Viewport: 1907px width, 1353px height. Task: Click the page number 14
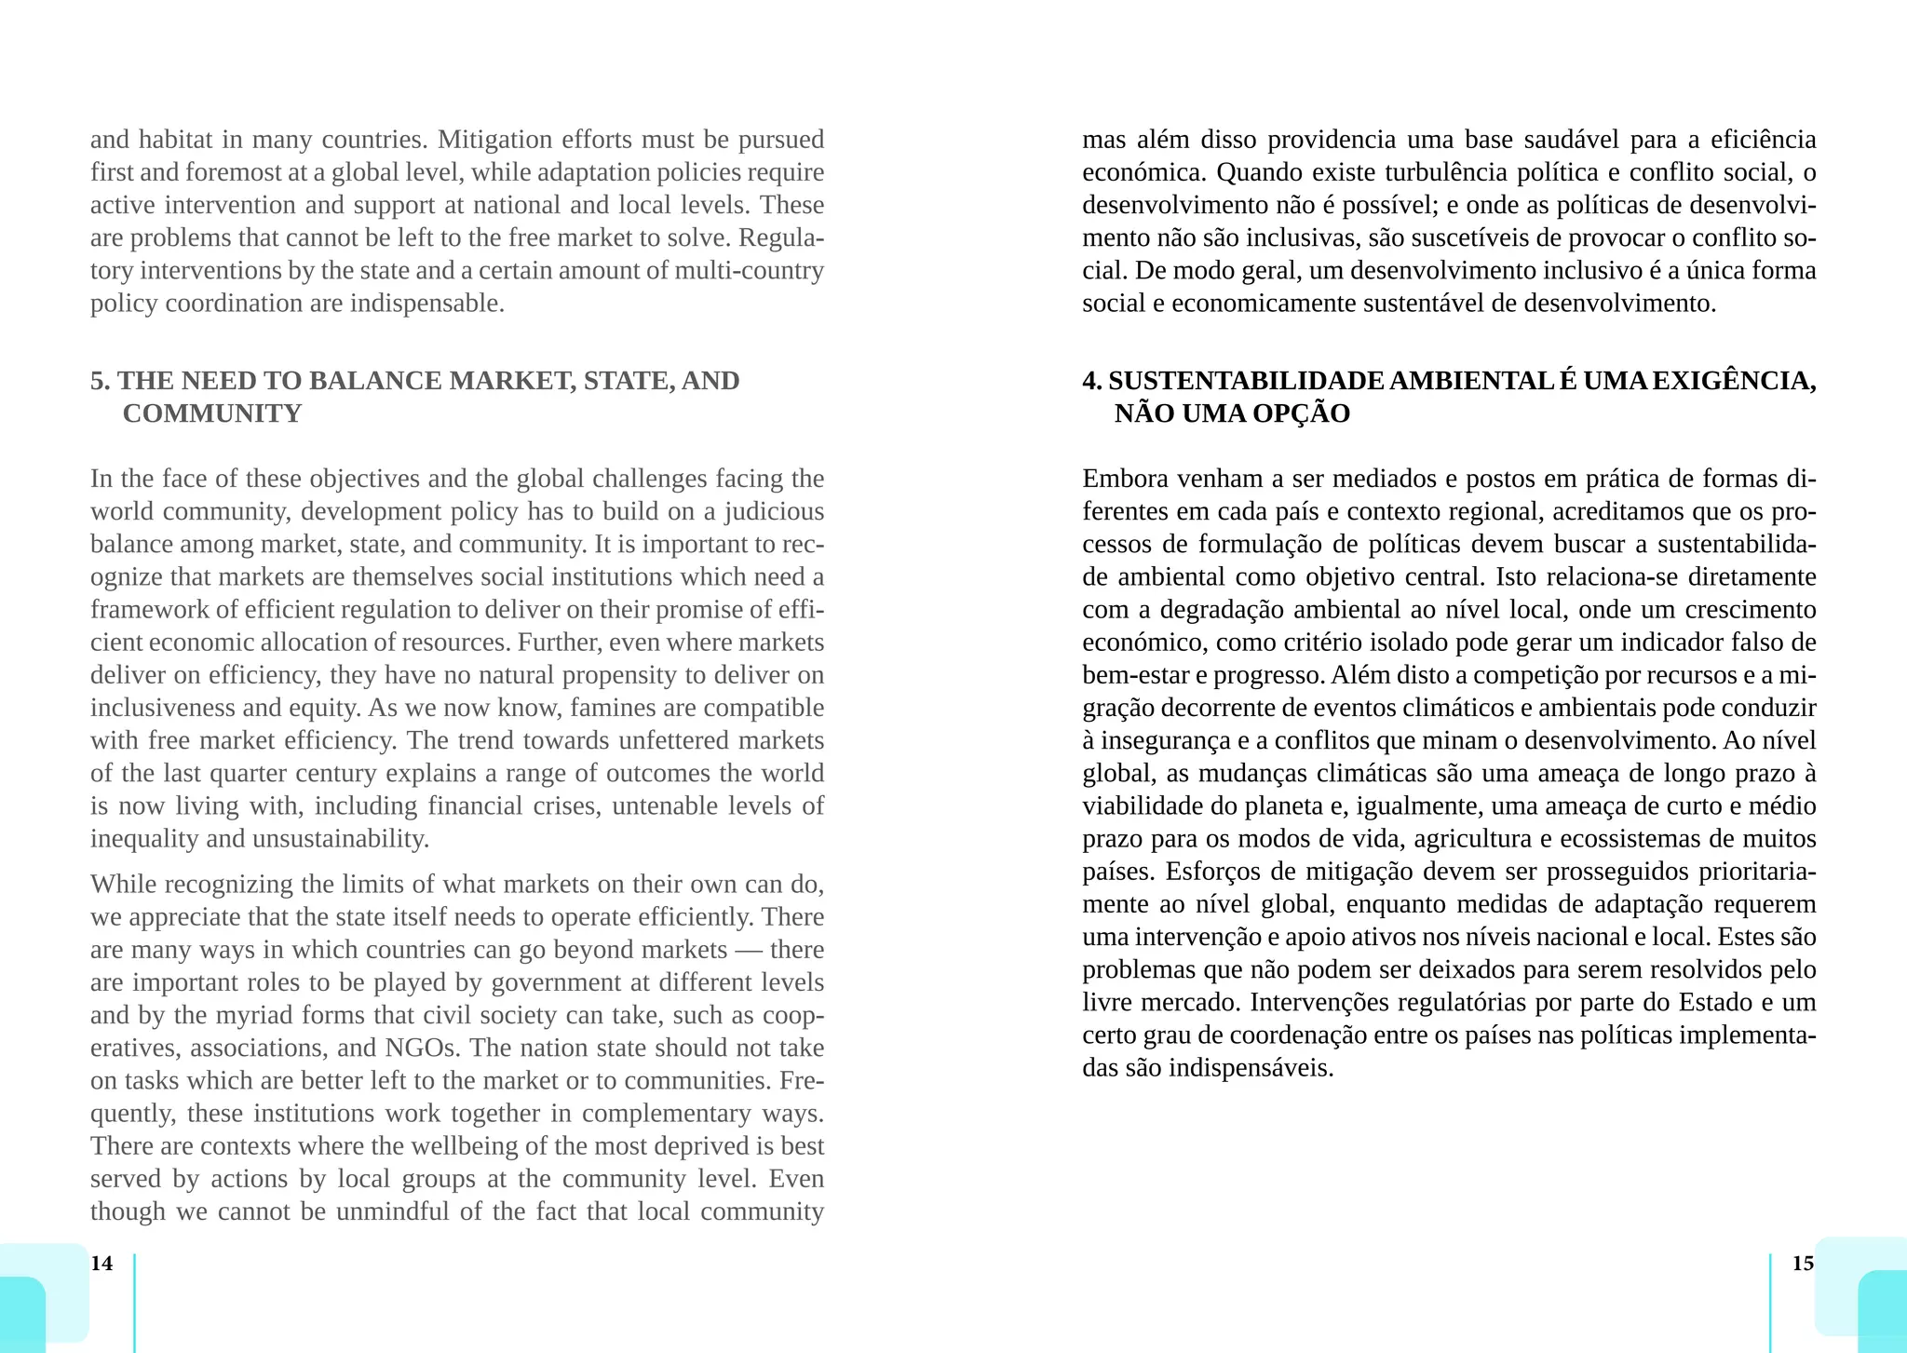pyautogui.click(x=101, y=1263)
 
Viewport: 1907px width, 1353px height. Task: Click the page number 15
pyautogui.click(x=1803, y=1263)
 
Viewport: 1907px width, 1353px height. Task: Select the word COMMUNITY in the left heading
pyautogui.click(x=212, y=413)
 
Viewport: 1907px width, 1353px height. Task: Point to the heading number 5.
pyautogui.click(x=100, y=381)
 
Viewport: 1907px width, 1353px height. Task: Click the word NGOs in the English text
pyautogui.click(x=422, y=1048)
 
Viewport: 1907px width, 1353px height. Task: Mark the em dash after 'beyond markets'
pyautogui.click(x=749, y=950)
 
